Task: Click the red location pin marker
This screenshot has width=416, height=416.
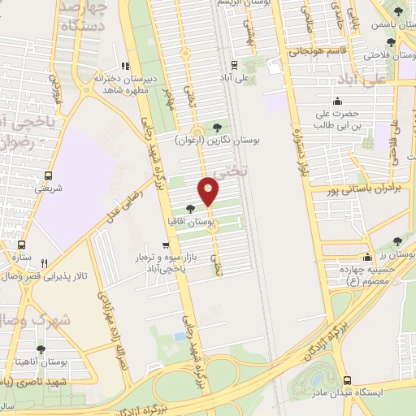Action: [209, 192]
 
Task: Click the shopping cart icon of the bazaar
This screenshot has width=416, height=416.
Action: [166, 245]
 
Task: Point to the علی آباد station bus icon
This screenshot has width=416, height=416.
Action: [234, 64]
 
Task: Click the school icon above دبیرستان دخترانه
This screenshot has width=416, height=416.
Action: [123, 66]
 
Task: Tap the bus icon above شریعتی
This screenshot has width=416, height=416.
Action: [48, 175]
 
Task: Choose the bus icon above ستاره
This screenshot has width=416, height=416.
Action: [21, 247]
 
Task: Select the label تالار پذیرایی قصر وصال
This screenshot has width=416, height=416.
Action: [45, 276]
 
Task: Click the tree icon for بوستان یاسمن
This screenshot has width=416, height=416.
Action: [398, 11]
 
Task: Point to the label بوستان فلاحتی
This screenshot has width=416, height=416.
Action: [378, 55]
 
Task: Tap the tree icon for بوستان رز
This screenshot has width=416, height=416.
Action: [397, 242]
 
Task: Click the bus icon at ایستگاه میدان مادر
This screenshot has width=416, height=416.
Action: [348, 380]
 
